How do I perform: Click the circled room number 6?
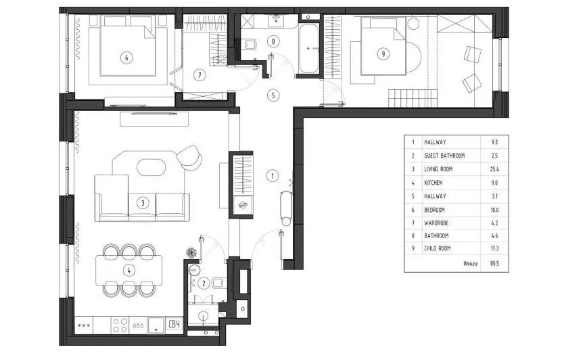click(x=126, y=58)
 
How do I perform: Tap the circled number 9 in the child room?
click(x=383, y=54)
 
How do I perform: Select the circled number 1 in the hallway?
click(x=273, y=176)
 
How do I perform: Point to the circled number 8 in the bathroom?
click(x=273, y=41)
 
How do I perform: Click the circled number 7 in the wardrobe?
click(x=199, y=75)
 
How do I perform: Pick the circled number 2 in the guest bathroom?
click(x=204, y=283)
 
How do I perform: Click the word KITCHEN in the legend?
click(x=433, y=183)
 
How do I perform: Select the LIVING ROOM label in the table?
click(x=438, y=169)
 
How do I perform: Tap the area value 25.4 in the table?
click(x=494, y=169)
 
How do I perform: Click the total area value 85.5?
click(x=494, y=263)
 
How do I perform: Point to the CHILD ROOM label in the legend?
click(x=438, y=248)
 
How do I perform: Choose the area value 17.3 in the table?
click(x=494, y=248)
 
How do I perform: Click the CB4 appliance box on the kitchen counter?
click(x=174, y=324)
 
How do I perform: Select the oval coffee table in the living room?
click(x=151, y=167)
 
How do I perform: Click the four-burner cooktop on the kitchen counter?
click(x=120, y=325)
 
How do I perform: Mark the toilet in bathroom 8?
click(x=250, y=45)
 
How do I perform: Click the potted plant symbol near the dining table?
click(x=191, y=252)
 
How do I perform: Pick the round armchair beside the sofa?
click(x=189, y=157)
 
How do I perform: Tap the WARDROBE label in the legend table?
click(x=436, y=223)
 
